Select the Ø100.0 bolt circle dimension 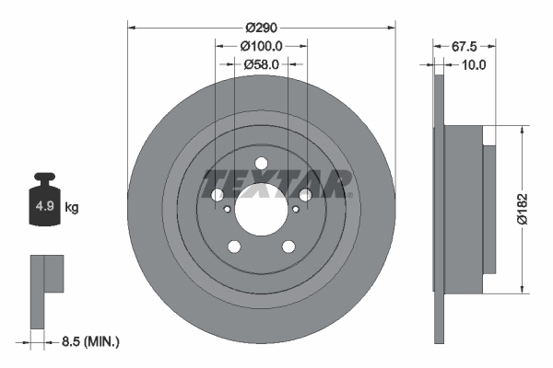point(261,45)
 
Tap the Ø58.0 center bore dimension point(261,64)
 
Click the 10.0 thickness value point(474,64)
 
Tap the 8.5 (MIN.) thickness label point(88,341)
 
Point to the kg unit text point(72,208)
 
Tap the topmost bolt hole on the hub point(261,164)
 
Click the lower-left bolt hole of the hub point(234,246)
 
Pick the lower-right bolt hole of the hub point(288,246)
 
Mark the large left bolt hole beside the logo point(218,195)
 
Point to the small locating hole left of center point(228,209)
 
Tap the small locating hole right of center point(295,209)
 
